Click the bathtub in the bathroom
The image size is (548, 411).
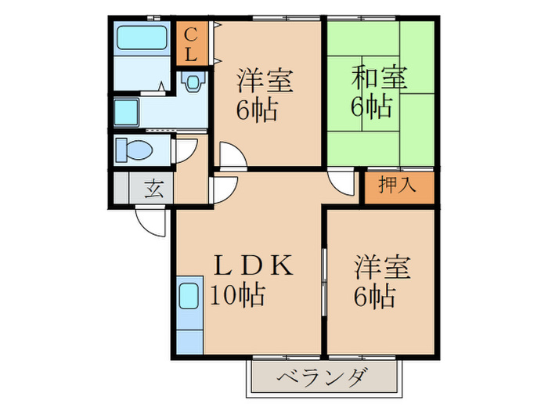(x=142, y=38)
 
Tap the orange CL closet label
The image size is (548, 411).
(x=190, y=45)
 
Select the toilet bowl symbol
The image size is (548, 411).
(x=135, y=149)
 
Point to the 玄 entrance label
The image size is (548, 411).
(x=154, y=189)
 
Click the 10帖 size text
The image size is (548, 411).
(x=236, y=295)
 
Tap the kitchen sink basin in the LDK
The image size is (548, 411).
(x=189, y=297)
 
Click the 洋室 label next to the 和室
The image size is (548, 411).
(x=265, y=81)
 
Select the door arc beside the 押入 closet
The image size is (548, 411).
(x=342, y=185)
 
